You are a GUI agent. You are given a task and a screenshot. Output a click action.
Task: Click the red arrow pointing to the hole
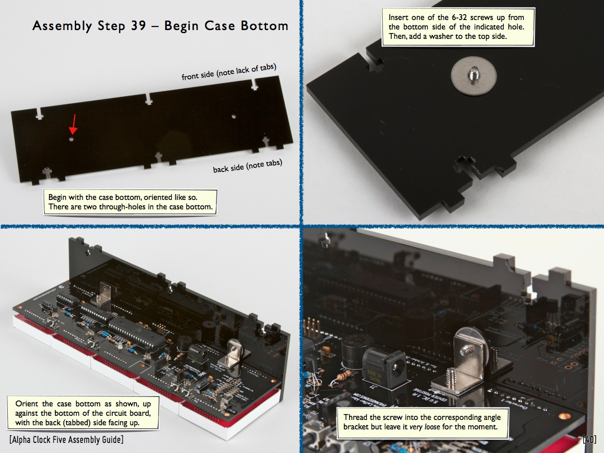[73, 124]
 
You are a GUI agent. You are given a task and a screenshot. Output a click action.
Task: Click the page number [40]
[589, 439]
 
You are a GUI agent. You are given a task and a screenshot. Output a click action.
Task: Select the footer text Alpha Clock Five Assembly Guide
[67, 439]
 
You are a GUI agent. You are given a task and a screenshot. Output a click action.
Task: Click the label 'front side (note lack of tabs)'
[229, 72]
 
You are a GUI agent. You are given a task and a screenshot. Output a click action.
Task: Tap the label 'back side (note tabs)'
[248, 166]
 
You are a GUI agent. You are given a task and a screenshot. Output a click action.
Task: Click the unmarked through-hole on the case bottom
[234, 116]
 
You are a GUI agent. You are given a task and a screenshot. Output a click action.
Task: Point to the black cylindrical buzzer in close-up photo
[356, 350]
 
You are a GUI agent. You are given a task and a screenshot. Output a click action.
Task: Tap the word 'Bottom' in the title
[264, 25]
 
